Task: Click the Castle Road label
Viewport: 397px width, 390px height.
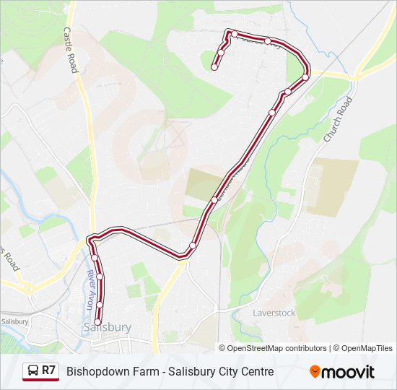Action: pos(70,51)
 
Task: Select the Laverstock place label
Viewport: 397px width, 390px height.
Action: pos(274,313)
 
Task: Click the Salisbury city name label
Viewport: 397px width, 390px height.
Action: pos(107,327)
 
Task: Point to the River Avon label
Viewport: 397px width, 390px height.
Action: pos(90,290)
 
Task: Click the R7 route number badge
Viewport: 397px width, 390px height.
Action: pos(48,370)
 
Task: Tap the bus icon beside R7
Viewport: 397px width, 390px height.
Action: pos(32,371)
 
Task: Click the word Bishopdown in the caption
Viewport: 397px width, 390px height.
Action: pos(97,371)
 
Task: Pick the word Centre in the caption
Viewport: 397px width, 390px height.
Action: pos(256,371)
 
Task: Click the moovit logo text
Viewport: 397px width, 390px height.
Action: pos(348,371)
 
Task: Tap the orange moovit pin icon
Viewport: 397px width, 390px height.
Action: pos(315,371)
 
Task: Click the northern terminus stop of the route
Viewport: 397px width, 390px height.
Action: pos(214,67)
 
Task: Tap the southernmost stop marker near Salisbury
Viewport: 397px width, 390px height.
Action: pos(97,322)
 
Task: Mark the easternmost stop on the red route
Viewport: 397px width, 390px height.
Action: pos(305,77)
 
